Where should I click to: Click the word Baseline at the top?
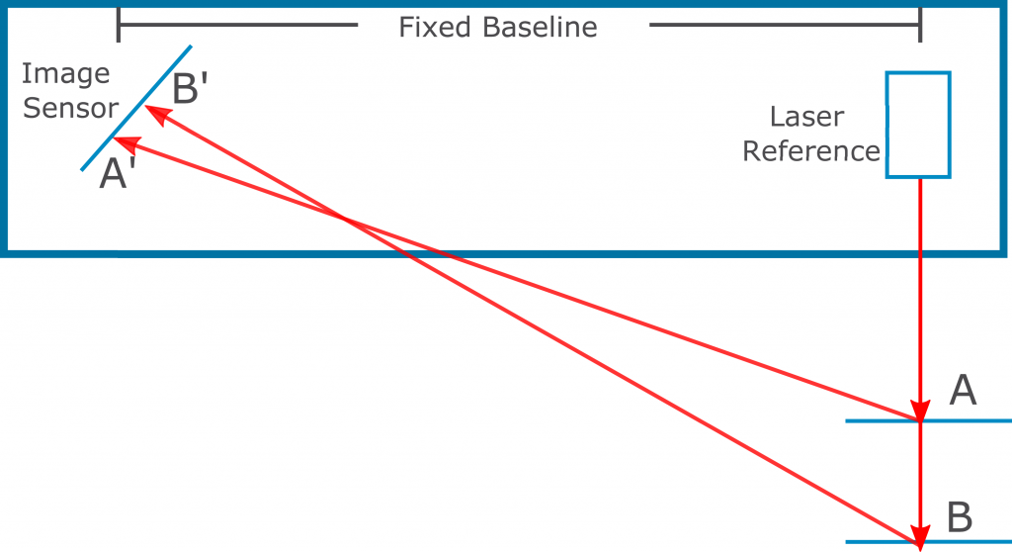(540, 27)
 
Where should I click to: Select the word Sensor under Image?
(70, 108)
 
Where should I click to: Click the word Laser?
(806, 117)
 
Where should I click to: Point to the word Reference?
(811, 151)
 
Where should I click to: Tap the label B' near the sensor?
(190, 88)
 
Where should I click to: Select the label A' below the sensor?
(118, 173)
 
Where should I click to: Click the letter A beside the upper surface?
(963, 390)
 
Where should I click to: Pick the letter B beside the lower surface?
(960, 517)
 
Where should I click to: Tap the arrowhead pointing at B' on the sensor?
(158, 115)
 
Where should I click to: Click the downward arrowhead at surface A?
(920, 411)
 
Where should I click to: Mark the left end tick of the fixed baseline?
(119, 25)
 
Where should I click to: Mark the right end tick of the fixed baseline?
(920, 25)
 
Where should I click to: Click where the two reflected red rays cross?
(345, 220)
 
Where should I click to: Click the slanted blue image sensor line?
(136, 108)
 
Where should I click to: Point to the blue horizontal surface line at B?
(929, 542)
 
